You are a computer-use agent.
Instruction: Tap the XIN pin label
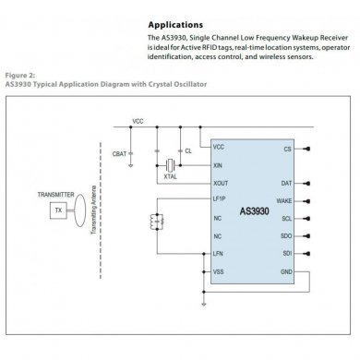pos(218,165)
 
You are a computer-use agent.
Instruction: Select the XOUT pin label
pos(220,183)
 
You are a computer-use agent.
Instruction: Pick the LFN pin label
pos(218,253)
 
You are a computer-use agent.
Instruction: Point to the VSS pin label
pos(218,271)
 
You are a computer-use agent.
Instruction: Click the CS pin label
pos(289,148)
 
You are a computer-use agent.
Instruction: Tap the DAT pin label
pos(287,183)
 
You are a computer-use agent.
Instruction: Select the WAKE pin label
pos(285,200)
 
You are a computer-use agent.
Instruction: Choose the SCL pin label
pos(287,218)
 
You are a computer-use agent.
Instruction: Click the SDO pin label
pos(287,235)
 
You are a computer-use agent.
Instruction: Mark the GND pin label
pos(286,271)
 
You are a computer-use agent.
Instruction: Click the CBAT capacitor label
pos(118,151)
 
